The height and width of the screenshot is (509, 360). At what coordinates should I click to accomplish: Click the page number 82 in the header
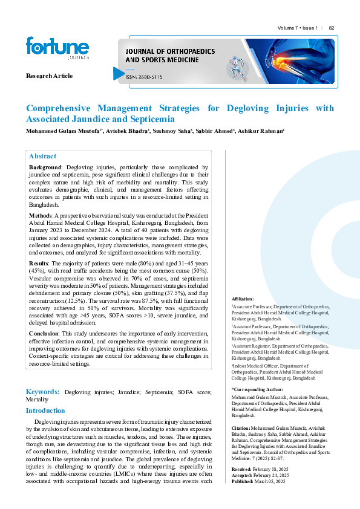tap(332, 28)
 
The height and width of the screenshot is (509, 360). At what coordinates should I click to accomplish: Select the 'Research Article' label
tap(49, 76)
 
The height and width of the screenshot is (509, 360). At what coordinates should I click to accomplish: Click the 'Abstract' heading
tap(42, 156)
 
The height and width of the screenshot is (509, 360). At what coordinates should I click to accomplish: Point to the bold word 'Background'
tap(45, 166)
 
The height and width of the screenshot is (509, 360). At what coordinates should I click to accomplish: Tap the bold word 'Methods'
tap(41, 215)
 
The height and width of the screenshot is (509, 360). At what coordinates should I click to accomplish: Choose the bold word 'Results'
tap(40, 264)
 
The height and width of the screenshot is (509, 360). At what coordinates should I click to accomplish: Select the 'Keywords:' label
tap(42, 392)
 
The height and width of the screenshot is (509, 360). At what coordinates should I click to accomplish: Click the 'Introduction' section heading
tap(45, 410)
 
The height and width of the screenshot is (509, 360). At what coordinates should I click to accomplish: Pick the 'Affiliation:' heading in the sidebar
tap(243, 299)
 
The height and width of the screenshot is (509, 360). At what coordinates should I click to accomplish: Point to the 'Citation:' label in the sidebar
tap(241, 428)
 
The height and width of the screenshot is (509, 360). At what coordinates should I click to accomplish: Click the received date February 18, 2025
tap(269, 468)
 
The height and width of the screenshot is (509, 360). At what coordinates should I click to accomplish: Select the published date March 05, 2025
tap(270, 481)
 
